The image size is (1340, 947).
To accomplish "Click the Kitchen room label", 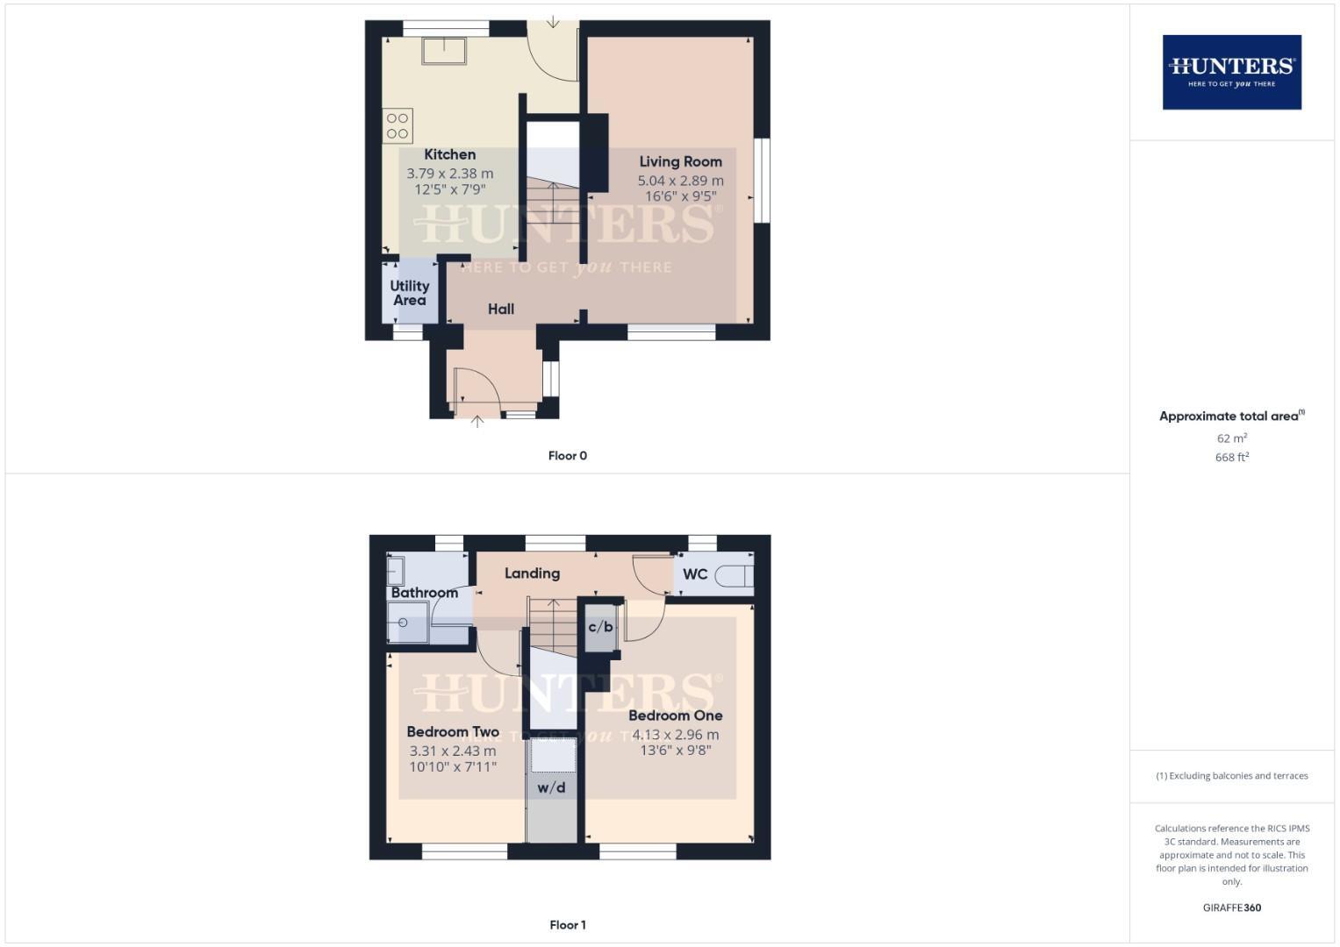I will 449,154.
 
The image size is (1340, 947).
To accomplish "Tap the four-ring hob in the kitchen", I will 398,125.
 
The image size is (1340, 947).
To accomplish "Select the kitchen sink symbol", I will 444,51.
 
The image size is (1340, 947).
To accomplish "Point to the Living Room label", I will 680,161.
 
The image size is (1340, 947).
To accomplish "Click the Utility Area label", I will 410,293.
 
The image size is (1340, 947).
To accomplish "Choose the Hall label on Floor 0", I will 501,309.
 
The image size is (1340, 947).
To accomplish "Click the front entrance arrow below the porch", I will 477,422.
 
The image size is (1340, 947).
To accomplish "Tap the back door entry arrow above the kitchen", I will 553,21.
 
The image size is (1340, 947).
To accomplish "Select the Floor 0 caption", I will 568,456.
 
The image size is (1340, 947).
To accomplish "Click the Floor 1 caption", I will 568,925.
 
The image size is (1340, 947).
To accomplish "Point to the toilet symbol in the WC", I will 734,576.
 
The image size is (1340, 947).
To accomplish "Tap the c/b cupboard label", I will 601,627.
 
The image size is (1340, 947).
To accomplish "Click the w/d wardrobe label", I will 551,787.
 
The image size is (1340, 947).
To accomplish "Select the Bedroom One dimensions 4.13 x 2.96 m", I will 676,735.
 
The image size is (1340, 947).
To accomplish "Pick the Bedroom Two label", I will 453,731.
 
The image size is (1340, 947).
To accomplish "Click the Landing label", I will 532,573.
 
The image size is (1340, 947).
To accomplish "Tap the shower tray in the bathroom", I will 408,623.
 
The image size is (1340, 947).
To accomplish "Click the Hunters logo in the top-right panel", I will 1231,72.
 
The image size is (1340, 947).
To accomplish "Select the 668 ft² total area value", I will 1232,457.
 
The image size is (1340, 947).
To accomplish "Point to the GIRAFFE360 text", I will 1231,908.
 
